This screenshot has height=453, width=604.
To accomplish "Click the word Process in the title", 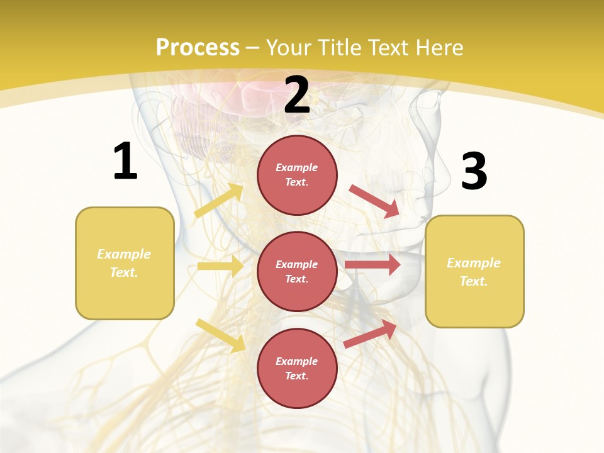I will click(198, 48).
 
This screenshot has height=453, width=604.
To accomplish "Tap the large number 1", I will click(125, 162).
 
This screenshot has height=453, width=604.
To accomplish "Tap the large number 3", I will click(474, 172).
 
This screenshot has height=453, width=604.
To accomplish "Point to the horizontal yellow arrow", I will click(220, 266).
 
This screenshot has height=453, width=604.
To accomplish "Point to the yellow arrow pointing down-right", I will click(220, 335).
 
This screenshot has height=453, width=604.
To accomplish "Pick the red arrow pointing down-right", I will click(374, 201).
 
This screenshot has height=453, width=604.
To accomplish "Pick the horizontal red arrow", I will click(372, 265).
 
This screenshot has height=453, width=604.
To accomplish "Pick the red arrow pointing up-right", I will click(371, 334).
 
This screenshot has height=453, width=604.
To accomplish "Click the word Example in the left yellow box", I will click(124, 254).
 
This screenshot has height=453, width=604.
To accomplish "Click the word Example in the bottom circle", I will click(297, 361).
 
